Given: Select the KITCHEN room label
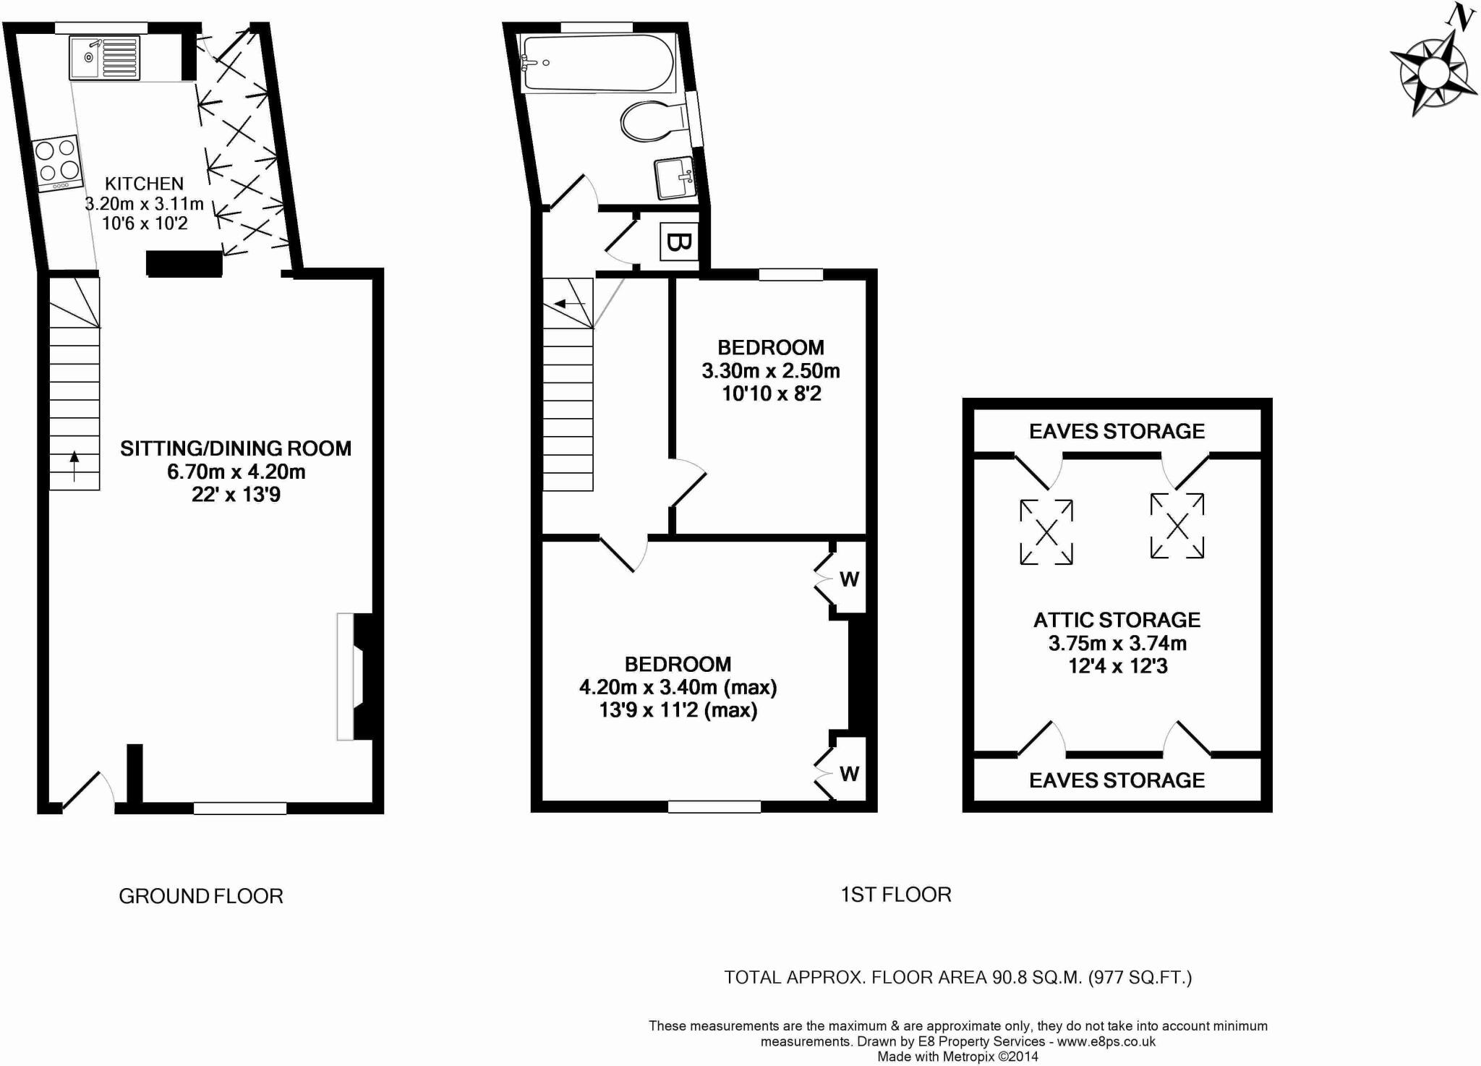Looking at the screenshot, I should pyautogui.click(x=144, y=184).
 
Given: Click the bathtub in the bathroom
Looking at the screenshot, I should pyautogui.click(x=597, y=63).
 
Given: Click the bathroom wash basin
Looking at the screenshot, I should pyautogui.click(x=675, y=178).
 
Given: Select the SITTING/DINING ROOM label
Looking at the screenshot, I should pyautogui.click(x=236, y=448).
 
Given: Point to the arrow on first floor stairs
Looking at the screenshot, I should pyautogui.click(x=568, y=304).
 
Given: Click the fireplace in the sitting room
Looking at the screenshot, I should pyautogui.click(x=354, y=677).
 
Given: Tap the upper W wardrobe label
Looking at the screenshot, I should pyautogui.click(x=850, y=579).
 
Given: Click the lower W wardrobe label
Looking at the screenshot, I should pyautogui.click(x=850, y=774).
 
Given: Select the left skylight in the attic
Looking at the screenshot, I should pyautogui.click(x=1046, y=532).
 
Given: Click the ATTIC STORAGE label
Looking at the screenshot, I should pyautogui.click(x=1117, y=620).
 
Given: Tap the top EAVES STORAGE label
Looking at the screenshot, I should pyautogui.click(x=1117, y=432).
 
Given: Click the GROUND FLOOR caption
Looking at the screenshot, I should pyautogui.click(x=201, y=897).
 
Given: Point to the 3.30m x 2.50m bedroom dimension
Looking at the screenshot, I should pyautogui.click(x=771, y=371).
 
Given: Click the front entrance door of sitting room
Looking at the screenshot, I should pyautogui.click(x=87, y=792).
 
